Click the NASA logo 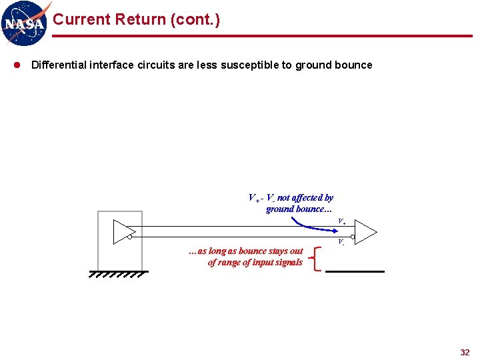[26, 23]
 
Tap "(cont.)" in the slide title [195, 20]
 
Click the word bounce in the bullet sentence [356, 65]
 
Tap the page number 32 [465, 352]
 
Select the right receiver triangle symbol [366, 231]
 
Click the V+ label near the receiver [341, 221]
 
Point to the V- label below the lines [341, 242]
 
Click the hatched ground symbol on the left [117, 273]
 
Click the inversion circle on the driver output [131, 237]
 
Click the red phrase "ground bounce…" [293, 209]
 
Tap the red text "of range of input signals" [255, 262]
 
